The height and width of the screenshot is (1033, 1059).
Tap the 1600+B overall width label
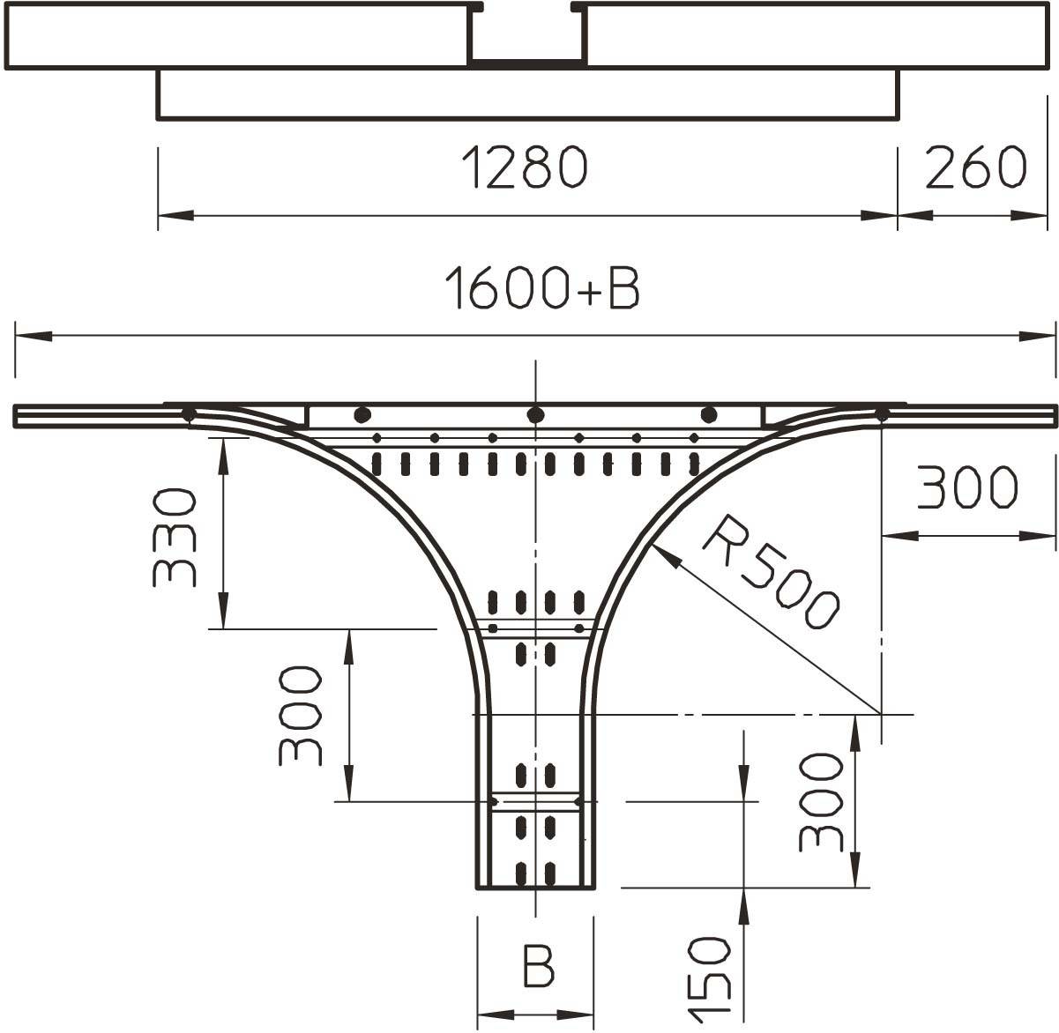tap(541, 288)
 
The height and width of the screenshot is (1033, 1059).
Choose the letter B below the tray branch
tap(538, 965)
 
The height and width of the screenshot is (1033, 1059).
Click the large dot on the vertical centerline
tap(534, 414)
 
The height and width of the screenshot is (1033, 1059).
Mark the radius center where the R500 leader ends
tap(880, 712)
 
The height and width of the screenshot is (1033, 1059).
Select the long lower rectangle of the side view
tap(527, 93)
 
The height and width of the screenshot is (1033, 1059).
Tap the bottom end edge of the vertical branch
tap(534, 887)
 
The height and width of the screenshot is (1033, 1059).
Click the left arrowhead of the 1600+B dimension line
tap(30, 336)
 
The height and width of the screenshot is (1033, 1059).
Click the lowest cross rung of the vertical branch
tap(535, 801)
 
